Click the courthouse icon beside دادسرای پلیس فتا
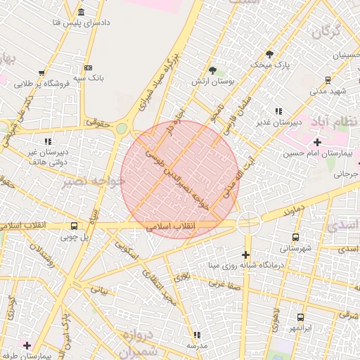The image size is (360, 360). [x=82, y=13]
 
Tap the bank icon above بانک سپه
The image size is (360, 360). [x=88, y=67]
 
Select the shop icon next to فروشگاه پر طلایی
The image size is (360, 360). [x=42, y=73]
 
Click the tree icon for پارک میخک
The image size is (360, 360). [x=269, y=54]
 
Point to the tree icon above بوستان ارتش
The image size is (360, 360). [x=212, y=70]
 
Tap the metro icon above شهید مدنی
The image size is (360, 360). [x=328, y=80]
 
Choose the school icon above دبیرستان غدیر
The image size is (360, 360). [x=278, y=110]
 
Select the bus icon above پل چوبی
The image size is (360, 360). [x=75, y=226]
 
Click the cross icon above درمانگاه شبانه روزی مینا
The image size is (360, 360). [x=245, y=254]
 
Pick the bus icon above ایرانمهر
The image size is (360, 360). [x=300, y=317]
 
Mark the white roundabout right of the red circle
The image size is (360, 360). [x=249, y=223]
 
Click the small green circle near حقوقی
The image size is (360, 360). [x=122, y=128]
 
